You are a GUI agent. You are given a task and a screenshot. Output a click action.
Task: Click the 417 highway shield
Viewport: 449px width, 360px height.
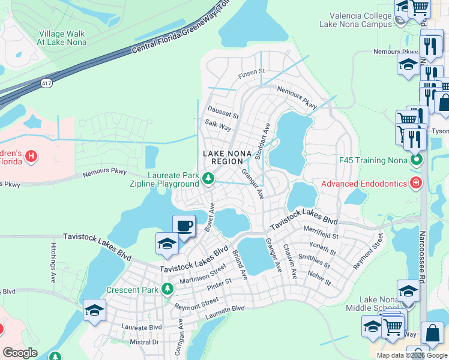tap(47, 83)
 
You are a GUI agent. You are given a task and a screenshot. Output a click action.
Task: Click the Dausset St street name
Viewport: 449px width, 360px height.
tap(223, 110)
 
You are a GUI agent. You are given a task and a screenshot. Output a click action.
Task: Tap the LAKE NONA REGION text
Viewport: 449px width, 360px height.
tap(226, 158)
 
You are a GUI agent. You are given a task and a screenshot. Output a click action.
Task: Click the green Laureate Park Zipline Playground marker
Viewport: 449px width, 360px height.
tap(208, 178)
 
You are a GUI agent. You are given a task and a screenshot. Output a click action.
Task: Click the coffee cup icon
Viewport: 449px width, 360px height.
tap(184, 226)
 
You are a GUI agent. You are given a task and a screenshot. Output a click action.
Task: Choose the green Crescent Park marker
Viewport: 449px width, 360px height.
tap(167, 290)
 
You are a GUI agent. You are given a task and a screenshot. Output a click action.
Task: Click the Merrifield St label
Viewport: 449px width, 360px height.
tap(322, 236)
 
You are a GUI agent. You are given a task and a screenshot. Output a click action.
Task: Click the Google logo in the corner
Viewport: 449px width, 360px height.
tap(20, 353)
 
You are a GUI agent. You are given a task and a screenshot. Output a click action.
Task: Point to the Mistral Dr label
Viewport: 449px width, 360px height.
tap(144, 342)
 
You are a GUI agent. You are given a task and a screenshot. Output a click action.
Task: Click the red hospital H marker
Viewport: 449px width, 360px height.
tap(31, 157)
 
